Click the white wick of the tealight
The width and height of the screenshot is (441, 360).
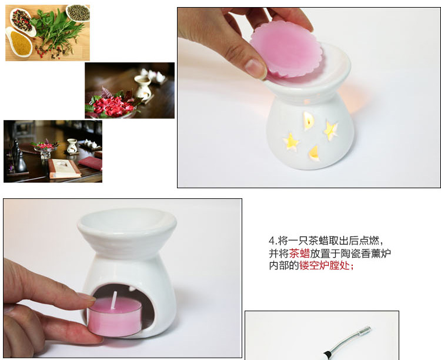[x=114, y=300]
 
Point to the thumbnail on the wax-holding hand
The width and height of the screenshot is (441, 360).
[x=255, y=68]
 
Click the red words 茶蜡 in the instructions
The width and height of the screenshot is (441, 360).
[x=299, y=254]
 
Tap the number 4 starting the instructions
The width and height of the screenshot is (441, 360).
[x=272, y=241]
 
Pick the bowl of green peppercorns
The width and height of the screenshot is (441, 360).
[x=78, y=13]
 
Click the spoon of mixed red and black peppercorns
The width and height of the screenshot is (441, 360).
[x=22, y=21]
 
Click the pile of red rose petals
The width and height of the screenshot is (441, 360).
[x=111, y=106]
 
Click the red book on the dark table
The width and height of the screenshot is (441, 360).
[x=91, y=164]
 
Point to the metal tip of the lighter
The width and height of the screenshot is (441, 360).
[x=366, y=329]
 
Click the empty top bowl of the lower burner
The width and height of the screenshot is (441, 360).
[x=127, y=222]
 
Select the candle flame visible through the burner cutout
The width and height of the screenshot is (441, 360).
[x=309, y=121]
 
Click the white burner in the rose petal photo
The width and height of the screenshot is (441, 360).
[x=143, y=87]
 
